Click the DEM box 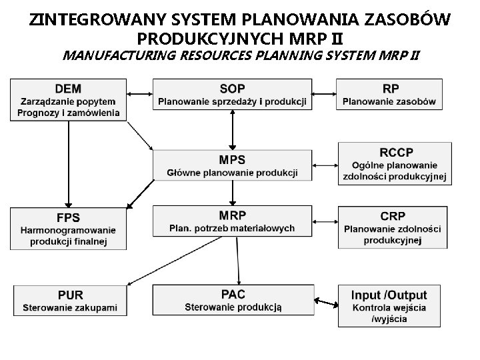point(69,99)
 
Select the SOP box point(232,95)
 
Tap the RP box point(390,95)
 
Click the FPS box point(68,229)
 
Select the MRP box point(232,221)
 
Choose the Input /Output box point(390,305)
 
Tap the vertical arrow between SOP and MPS point(232,129)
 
